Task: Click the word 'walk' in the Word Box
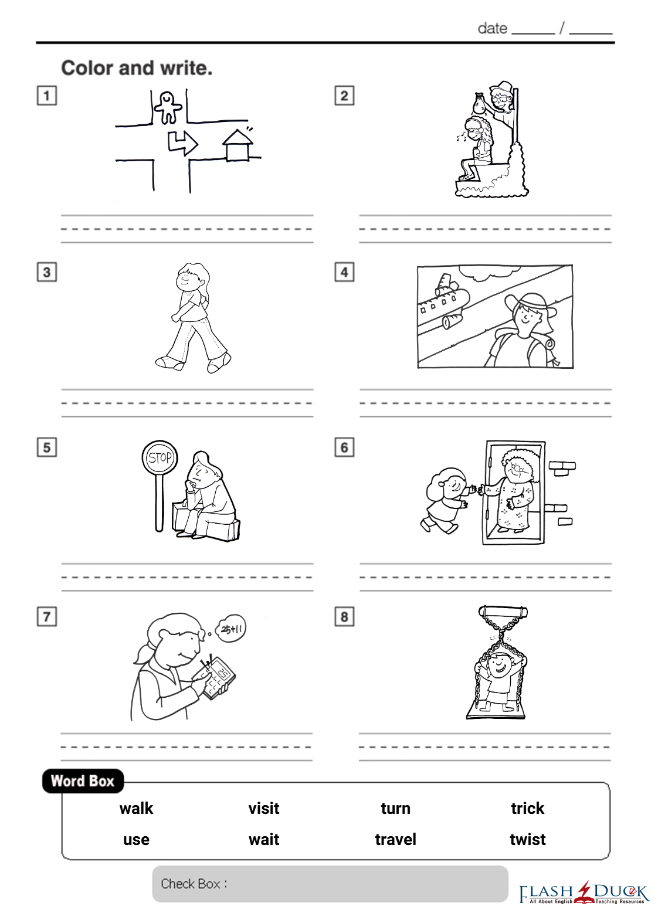coord(136,808)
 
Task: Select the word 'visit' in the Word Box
coord(264,808)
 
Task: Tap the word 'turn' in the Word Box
coord(395,809)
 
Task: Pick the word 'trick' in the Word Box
coord(528,808)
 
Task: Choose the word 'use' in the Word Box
coord(136,840)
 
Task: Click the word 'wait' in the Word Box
coord(264,840)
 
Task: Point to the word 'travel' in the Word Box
coord(395,839)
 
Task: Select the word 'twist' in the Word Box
coord(528,839)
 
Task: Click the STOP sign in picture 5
coord(160,457)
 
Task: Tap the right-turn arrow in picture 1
coord(183,142)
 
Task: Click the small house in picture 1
coord(238,145)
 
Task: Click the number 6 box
coord(344,447)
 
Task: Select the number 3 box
coord(47,272)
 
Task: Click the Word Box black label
coord(83,781)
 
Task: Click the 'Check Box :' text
coord(194,884)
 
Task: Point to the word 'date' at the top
coord(493,29)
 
